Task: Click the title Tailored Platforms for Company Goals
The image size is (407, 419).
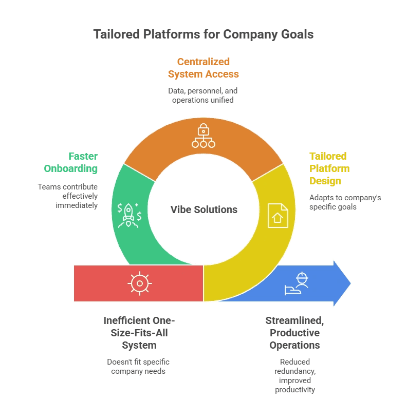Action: pyautogui.click(x=203, y=34)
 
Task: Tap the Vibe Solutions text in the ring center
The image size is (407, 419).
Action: pyautogui.click(x=203, y=209)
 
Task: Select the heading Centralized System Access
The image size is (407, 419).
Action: pyautogui.click(x=203, y=68)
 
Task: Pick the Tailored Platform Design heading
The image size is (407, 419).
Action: pyautogui.click(x=329, y=168)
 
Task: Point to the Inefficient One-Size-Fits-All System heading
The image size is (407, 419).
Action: pyautogui.click(x=139, y=333)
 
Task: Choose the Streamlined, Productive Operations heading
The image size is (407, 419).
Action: pyautogui.click(x=294, y=333)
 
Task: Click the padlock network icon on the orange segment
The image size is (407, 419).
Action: pyautogui.click(x=203, y=136)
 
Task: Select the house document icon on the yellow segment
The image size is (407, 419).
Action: pyautogui.click(x=278, y=216)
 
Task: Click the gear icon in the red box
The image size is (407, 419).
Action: pyautogui.click(x=139, y=283)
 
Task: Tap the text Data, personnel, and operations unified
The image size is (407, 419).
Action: pyautogui.click(x=203, y=95)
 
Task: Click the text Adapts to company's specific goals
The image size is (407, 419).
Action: pyautogui.click(x=345, y=202)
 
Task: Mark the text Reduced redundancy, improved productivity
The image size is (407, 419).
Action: pyautogui.click(x=294, y=375)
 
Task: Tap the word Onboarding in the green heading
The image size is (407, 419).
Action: pyautogui.click(x=71, y=168)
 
